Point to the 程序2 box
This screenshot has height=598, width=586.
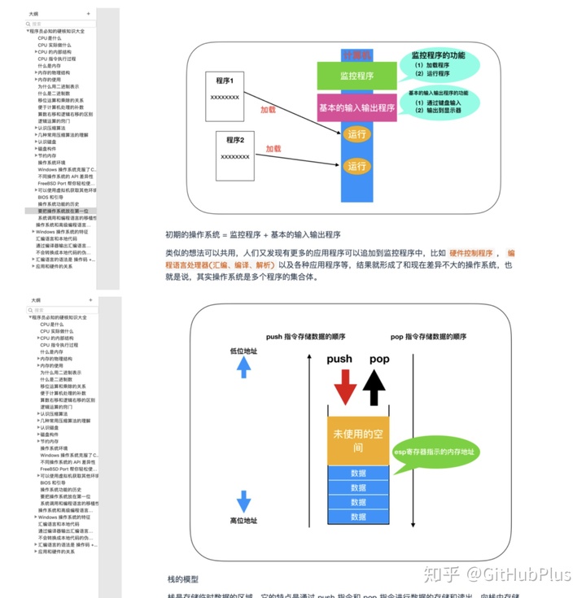(235, 155)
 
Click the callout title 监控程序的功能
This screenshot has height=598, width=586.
(432, 55)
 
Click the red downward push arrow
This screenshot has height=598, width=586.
(344, 386)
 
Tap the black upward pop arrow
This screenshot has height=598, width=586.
(374, 386)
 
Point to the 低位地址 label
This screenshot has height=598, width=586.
(243, 351)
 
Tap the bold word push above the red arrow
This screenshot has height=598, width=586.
(339, 358)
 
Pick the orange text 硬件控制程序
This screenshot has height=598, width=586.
(471, 253)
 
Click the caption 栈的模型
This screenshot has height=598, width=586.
(183, 578)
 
